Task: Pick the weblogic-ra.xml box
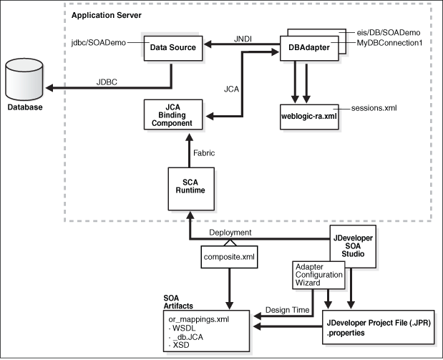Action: [308, 115]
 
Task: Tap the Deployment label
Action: [230, 233]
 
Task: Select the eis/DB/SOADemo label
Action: [394, 34]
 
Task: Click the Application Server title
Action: [107, 15]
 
